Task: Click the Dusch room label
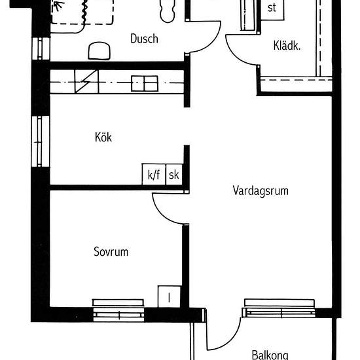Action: pyautogui.click(x=144, y=39)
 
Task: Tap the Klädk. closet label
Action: pyautogui.click(x=287, y=46)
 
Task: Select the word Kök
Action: pyautogui.click(x=103, y=137)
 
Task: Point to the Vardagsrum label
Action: pyautogui.click(x=261, y=191)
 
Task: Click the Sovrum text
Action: pyautogui.click(x=111, y=251)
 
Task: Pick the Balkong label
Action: pyautogui.click(x=270, y=355)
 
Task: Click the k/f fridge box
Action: pyautogui.click(x=154, y=175)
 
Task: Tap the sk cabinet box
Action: pyautogui.click(x=174, y=175)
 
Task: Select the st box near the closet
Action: pyautogui.click(x=272, y=9)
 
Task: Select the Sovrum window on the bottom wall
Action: pyautogui.click(x=118, y=310)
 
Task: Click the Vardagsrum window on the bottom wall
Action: pyautogui.click(x=279, y=308)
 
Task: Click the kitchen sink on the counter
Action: pyautogui.click(x=145, y=83)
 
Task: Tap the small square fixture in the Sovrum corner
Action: pyautogui.click(x=168, y=296)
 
